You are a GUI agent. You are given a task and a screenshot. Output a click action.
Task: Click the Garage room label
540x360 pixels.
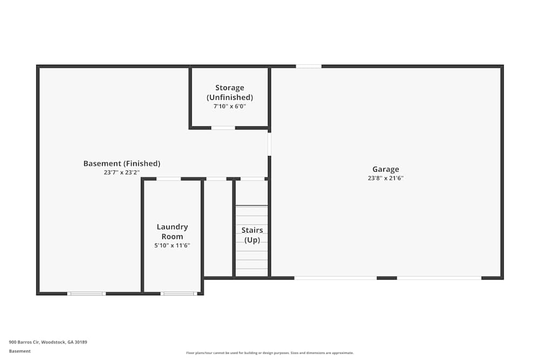click(x=386, y=169)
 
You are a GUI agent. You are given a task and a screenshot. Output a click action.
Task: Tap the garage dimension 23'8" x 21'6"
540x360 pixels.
click(x=386, y=178)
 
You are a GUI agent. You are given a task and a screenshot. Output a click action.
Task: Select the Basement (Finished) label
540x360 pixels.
click(x=122, y=164)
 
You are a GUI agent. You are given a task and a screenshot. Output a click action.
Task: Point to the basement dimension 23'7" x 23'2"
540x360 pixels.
click(x=122, y=172)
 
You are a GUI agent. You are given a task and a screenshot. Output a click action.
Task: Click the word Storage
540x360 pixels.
click(x=230, y=87)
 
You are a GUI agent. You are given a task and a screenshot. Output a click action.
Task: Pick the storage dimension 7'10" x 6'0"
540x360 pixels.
click(x=230, y=106)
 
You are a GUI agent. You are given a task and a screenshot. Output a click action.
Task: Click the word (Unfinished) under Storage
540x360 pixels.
click(x=230, y=97)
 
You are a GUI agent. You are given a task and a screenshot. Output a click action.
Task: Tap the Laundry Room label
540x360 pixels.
click(x=172, y=232)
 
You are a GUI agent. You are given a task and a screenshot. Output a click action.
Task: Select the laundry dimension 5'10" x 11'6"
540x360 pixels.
click(x=172, y=246)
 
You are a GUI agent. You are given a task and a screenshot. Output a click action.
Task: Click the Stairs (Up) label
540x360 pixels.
click(x=252, y=235)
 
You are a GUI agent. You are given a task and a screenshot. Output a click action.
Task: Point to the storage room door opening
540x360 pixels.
click(x=223, y=128)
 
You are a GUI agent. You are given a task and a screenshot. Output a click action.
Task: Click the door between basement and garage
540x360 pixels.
click(x=269, y=144)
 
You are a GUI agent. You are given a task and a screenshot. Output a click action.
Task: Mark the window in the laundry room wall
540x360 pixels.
click(x=179, y=294)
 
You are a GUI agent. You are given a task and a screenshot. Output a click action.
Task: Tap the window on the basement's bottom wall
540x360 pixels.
click(x=86, y=294)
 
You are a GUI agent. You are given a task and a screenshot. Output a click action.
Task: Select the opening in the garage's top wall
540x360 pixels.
click(x=308, y=66)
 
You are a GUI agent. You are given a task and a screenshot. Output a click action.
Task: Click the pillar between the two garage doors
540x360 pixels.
click(x=387, y=278)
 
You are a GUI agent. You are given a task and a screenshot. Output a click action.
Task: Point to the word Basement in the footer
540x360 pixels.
click(x=19, y=351)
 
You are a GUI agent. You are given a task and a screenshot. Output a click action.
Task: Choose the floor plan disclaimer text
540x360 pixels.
click(x=269, y=353)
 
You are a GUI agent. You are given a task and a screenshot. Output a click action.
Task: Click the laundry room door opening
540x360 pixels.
click(x=168, y=179)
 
